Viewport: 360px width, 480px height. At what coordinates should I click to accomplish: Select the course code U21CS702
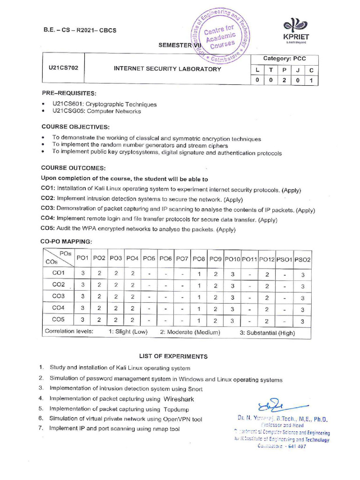click(x=63, y=67)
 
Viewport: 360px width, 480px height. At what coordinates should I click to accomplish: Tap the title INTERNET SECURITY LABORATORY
click(x=167, y=69)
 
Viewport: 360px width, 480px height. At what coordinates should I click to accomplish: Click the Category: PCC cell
click(x=284, y=59)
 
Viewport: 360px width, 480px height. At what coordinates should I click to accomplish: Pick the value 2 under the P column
click(x=284, y=80)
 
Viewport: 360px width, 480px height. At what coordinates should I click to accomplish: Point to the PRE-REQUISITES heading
click(x=68, y=93)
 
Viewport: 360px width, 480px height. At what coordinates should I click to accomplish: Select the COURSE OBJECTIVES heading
click(x=75, y=127)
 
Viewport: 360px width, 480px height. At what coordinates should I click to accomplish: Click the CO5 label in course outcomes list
click(x=48, y=229)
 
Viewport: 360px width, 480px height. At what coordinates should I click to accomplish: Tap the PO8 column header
click(x=199, y=258)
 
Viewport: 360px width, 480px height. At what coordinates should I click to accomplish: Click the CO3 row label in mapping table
click(x=59, y=297)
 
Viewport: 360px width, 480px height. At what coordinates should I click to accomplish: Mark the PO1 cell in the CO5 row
click(x=83, y=321)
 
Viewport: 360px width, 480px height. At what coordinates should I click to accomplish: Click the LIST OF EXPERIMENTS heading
click(x=173, y=356)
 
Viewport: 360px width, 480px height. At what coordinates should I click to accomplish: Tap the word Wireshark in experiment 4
click(x=179, y=399)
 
